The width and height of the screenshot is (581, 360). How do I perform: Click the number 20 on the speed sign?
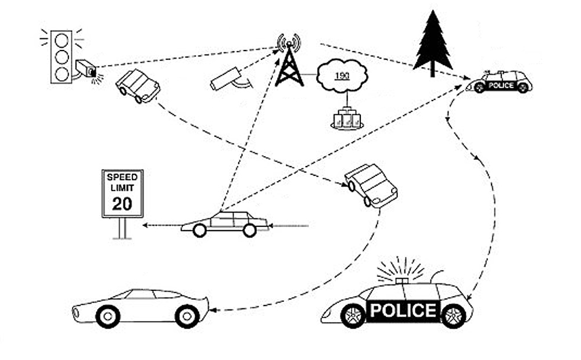point(122,203)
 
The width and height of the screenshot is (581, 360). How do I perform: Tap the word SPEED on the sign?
point(122,177)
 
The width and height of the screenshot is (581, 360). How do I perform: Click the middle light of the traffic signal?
point(60,57)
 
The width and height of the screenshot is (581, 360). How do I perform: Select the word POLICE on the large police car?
point(403,310)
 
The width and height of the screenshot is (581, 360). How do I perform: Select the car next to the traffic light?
point(138,86)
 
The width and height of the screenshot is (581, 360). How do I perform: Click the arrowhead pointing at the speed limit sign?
point(146,224)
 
